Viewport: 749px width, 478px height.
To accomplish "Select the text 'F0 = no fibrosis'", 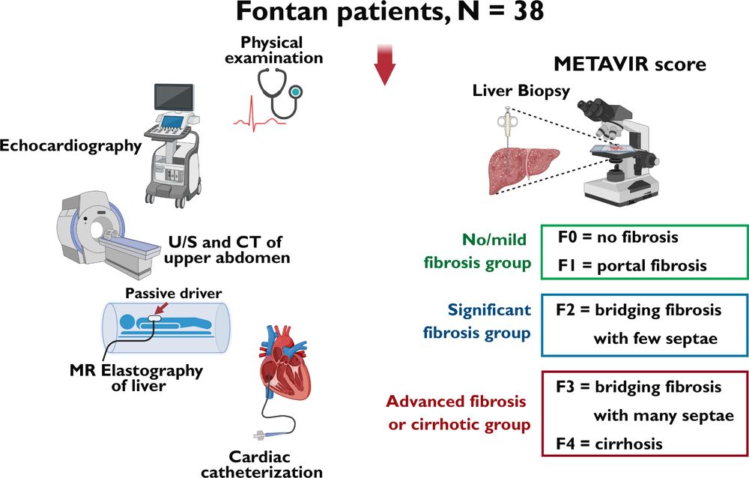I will pyautogui.click(x=617, y=238).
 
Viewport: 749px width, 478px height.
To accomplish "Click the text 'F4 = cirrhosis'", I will pyautogui.click(x=610, y=444).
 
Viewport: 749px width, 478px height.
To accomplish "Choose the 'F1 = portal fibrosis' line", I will pyautogui.click(x=632, y=266).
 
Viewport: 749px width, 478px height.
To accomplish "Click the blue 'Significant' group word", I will pyautogui.click(x=490, y=309).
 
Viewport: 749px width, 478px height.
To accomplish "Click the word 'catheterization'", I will pyautogui.click(x=278, y=471).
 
